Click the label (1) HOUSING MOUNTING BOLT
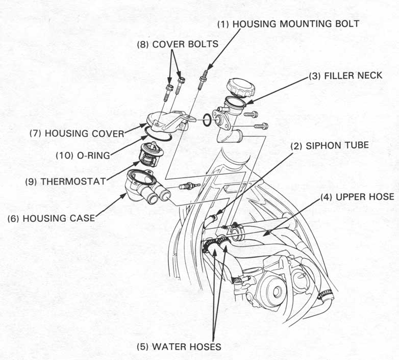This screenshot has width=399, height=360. pos(288,23)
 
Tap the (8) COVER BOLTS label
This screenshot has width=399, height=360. pos(178,44)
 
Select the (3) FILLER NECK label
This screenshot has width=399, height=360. pos(345,75)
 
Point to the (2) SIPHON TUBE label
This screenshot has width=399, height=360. pos(330,145)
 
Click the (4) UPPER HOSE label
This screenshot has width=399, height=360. pos(357,196)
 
